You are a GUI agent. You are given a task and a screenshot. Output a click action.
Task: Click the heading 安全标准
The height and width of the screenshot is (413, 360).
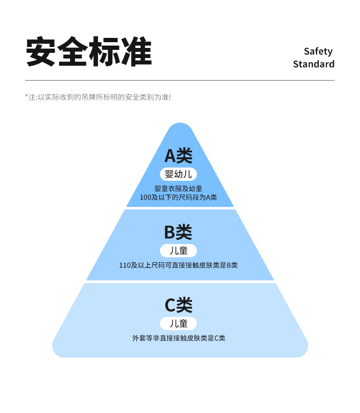89,52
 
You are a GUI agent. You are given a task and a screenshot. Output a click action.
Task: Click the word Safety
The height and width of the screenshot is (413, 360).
318,51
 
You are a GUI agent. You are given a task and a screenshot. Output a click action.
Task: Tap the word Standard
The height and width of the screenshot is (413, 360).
313,64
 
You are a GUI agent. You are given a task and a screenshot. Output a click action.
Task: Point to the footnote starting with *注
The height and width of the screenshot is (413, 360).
98,97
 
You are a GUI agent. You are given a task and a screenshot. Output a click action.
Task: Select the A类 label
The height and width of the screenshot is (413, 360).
178,155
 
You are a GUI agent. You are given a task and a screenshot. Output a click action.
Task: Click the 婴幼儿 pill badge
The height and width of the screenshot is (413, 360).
178,174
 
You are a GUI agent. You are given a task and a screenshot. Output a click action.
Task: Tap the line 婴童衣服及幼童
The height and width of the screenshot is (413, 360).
178,189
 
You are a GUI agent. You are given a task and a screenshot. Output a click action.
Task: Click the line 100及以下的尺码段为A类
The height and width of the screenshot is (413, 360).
178,197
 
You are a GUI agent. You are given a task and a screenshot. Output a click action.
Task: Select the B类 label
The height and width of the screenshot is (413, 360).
178,232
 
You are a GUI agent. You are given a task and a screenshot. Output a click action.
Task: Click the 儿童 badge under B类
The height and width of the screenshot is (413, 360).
178,250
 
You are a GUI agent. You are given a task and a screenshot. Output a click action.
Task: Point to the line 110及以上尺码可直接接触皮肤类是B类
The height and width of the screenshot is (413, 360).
178,265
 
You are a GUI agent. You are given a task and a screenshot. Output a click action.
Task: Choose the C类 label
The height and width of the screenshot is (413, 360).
178,305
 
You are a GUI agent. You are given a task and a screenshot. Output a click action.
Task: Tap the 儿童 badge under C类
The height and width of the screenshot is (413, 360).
178,323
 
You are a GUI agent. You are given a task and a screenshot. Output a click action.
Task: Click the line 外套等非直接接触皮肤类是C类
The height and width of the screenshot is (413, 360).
179,338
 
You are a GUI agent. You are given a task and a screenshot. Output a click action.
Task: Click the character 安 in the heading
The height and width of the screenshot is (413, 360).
41,52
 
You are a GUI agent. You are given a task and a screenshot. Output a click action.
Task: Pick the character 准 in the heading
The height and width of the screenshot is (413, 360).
136,52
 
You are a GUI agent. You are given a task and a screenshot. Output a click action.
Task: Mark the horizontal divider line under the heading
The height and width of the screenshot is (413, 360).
180,80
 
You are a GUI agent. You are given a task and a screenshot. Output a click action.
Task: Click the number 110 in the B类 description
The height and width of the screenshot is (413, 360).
124,265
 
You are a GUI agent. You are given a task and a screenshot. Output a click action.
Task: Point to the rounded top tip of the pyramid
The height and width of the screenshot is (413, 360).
180,128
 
